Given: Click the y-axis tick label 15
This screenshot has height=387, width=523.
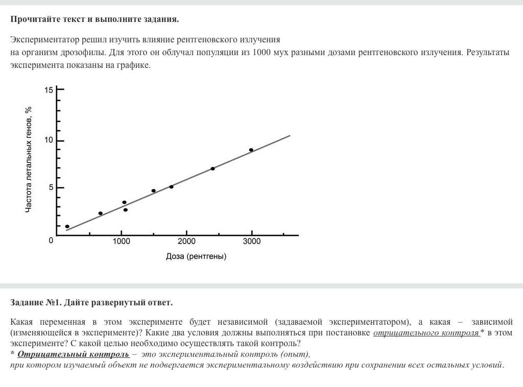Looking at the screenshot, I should tap(49, 90).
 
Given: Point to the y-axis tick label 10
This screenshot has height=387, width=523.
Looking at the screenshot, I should tap(49, 140).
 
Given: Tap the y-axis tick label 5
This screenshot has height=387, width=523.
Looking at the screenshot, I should tap(51, 187).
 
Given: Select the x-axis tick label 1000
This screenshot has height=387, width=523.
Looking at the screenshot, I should tap(122, 241).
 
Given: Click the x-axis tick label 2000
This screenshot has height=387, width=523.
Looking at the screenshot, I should tap(186, 241).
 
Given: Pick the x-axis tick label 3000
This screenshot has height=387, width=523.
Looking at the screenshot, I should tap(251, 241).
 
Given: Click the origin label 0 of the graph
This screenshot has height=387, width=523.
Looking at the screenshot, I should tap(51, 240).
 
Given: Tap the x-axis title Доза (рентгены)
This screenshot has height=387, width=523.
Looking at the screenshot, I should tap(196, 256).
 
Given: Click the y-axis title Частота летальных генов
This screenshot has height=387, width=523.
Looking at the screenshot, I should tap(29, 160).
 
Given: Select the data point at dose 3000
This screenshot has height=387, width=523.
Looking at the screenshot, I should tap(251, 150).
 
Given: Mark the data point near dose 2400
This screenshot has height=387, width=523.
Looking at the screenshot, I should tap(212, 168).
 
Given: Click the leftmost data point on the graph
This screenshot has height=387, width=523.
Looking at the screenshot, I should tap(67, 226).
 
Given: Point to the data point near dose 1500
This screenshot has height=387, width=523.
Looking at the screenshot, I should tap(153, 190).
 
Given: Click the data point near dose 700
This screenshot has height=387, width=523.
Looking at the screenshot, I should tap(100, 213).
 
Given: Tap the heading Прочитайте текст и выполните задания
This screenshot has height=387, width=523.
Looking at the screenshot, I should tap(94, 19).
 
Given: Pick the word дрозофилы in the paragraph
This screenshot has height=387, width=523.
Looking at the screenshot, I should tap(86, 53).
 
